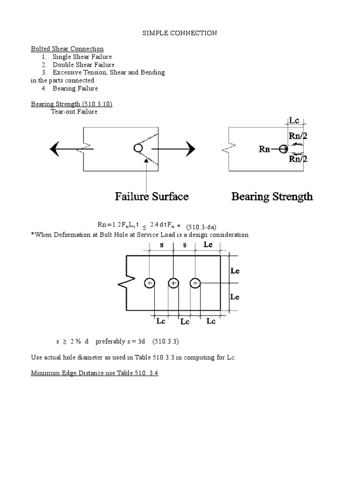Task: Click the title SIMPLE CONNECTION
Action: pyautogui.click(x=180, y=33)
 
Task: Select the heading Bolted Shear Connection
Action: pyautogui.click(x=67, y=49)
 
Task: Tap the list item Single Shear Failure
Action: pyautogui.click(x=82, y=57)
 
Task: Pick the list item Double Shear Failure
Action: pyautogui.click(x=83, y=65)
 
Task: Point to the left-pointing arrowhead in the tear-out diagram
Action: pyautogui.click(x=56, y=149)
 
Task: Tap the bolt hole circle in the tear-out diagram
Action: pyautogui.click(x=138, y=149)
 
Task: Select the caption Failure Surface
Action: pyautogui.click(x=152, y=196)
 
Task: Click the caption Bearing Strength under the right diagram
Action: pyautogui.click(x=272, y=196)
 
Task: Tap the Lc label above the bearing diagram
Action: pyautogui.click(x=294, y=120)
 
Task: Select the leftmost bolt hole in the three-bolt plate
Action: pyautogui.click(x=149, y=283)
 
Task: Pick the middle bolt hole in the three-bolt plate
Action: pyautogui.click(x=173, y=283)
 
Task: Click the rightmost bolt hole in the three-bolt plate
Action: pyautogui.click(x=195, y=283)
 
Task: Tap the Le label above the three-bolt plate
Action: pyautogui.click(x=210, y=245)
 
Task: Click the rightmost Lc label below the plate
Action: pyautogui.click(x=211, y=321)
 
